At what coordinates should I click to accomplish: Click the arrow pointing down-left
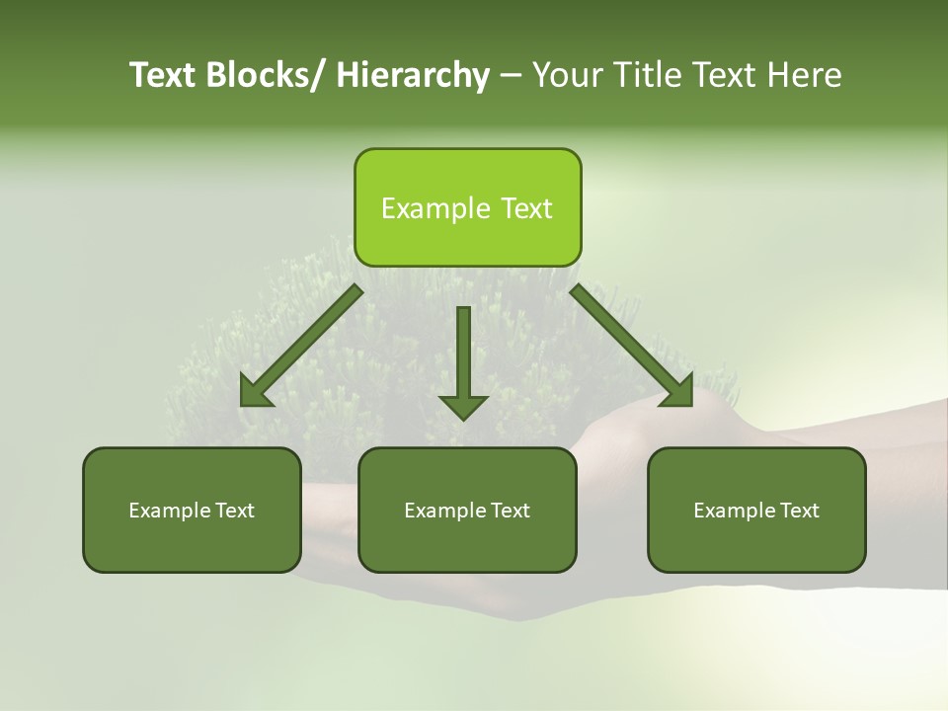pyautogui.click(x=301, y=346)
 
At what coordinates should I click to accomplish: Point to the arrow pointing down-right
pyautogui.click(x=632, y=346)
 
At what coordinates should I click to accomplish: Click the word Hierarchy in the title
pyautogui.click(x=413, y=75)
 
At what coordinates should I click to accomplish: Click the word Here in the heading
pyautogui.click(x=803, y=75)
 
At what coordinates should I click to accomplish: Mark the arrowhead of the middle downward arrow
pyautogui.click(x=463, y=406)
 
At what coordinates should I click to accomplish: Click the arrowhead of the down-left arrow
pyautogui.click(x=255, y=392)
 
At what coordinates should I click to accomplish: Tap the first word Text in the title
pyautogui.click(x=162, y=75)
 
